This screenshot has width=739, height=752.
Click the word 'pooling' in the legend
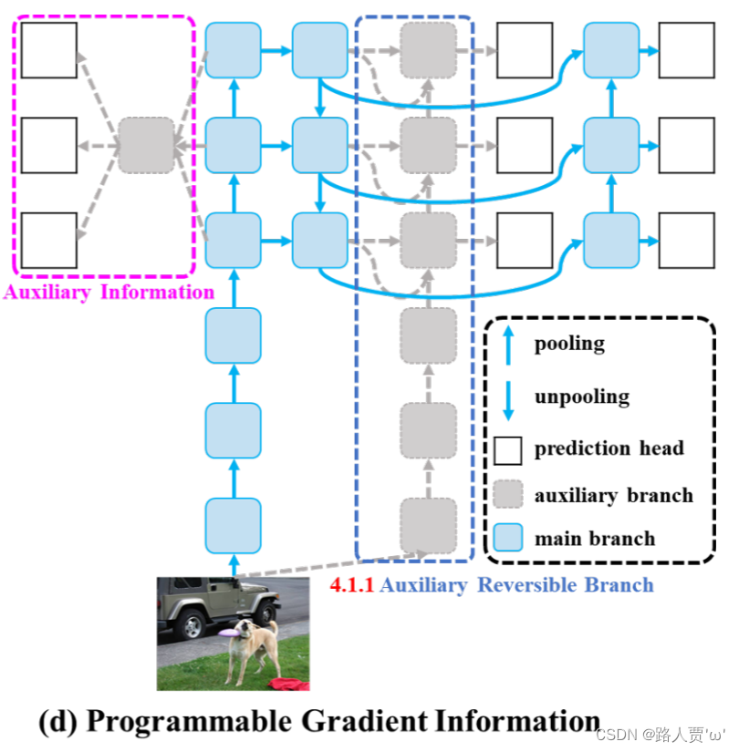point(569,344)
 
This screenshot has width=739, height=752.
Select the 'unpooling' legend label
point(581,397)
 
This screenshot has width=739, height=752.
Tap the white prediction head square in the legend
point(508,448)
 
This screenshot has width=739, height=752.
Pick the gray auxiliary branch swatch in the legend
point(508,494)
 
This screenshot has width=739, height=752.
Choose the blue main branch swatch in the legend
point(508,538)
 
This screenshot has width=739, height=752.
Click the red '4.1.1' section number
point(352,585)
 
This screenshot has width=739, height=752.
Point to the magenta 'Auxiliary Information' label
point(109,293)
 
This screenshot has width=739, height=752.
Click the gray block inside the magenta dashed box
point(146,145)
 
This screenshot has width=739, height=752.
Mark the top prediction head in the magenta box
point(49,50)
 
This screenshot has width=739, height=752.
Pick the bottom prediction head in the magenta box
point(49,241)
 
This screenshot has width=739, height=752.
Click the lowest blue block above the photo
point(233,526)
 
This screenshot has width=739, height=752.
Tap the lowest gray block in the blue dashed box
point(428,526)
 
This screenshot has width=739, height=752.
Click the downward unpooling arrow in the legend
point(508,397)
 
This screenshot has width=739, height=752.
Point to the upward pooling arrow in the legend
point(508,345)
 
